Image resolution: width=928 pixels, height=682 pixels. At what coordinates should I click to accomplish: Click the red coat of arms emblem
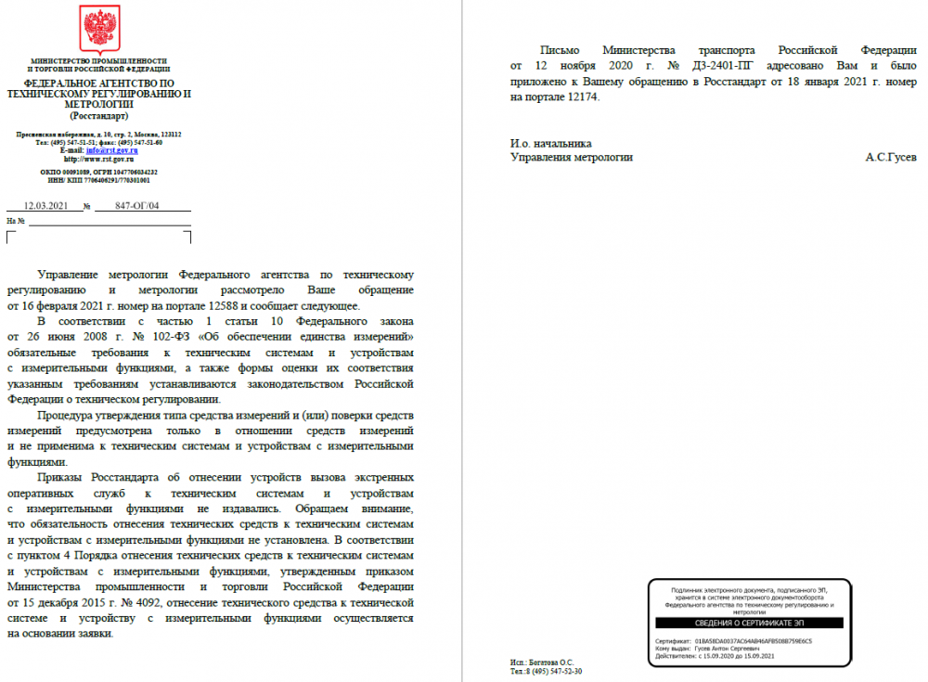click(x=98, y=29)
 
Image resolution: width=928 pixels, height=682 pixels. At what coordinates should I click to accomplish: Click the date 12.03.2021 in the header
click(x=45, y=206)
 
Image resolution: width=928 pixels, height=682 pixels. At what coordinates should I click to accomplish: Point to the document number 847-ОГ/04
click(x=139, y=206)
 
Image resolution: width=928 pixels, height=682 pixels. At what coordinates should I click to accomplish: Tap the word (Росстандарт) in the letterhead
click(x=98, y=116)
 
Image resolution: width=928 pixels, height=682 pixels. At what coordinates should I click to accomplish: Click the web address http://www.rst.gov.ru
click(x=99, y=159)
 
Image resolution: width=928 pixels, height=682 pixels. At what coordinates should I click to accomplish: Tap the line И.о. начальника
click(x=550, y=143)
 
